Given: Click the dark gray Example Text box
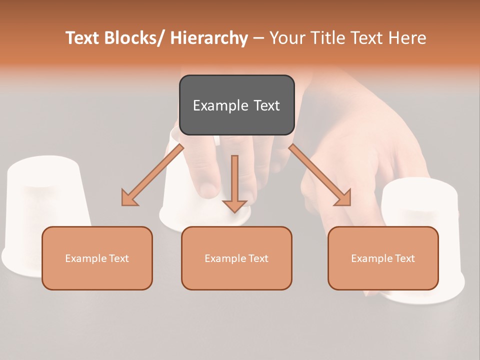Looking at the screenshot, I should [236, 105].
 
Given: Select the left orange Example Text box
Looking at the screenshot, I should [97, 258].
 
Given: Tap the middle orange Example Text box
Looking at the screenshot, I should [236, 258].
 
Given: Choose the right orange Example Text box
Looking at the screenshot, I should [383, 258].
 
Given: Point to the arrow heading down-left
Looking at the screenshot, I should [152, 175].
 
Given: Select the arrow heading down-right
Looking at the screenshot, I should [320, 175].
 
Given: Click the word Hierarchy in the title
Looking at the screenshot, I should [209, 38].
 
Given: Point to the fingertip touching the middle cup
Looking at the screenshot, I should [209, 190].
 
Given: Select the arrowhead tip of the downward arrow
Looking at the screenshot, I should [234, 211].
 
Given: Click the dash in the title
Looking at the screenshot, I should [258, 38].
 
